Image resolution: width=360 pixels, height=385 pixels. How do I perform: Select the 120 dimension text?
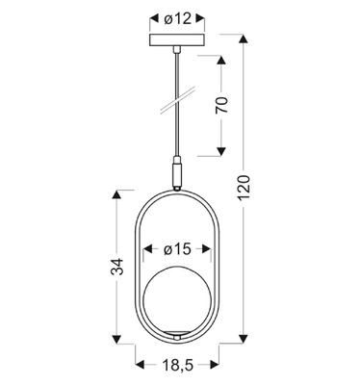coord(247,188)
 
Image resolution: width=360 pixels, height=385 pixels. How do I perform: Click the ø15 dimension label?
coord(175,249)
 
